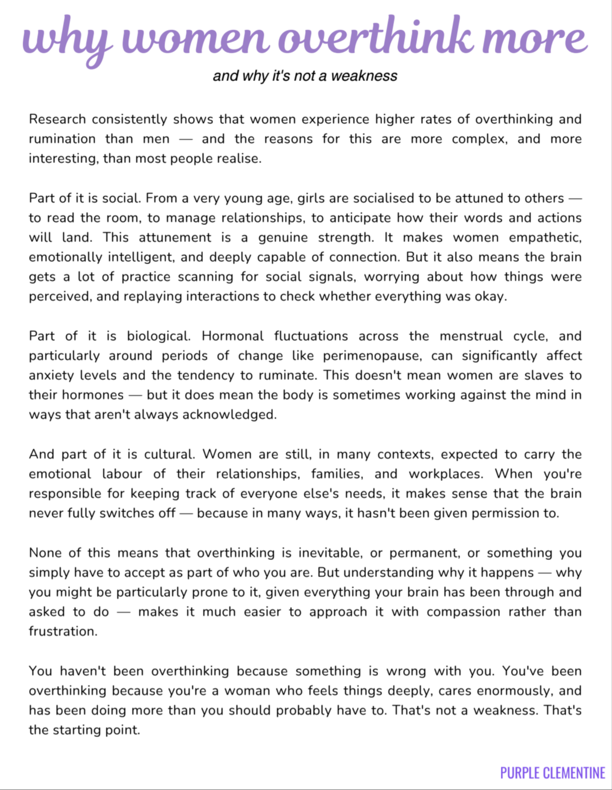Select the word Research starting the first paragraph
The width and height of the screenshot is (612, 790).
coord(57,119)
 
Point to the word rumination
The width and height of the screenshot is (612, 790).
coord(62,139)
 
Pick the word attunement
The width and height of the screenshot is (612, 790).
coord(175,238)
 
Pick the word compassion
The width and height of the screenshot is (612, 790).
coord(463,612)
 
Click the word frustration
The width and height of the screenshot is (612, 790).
coord(63,631)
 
